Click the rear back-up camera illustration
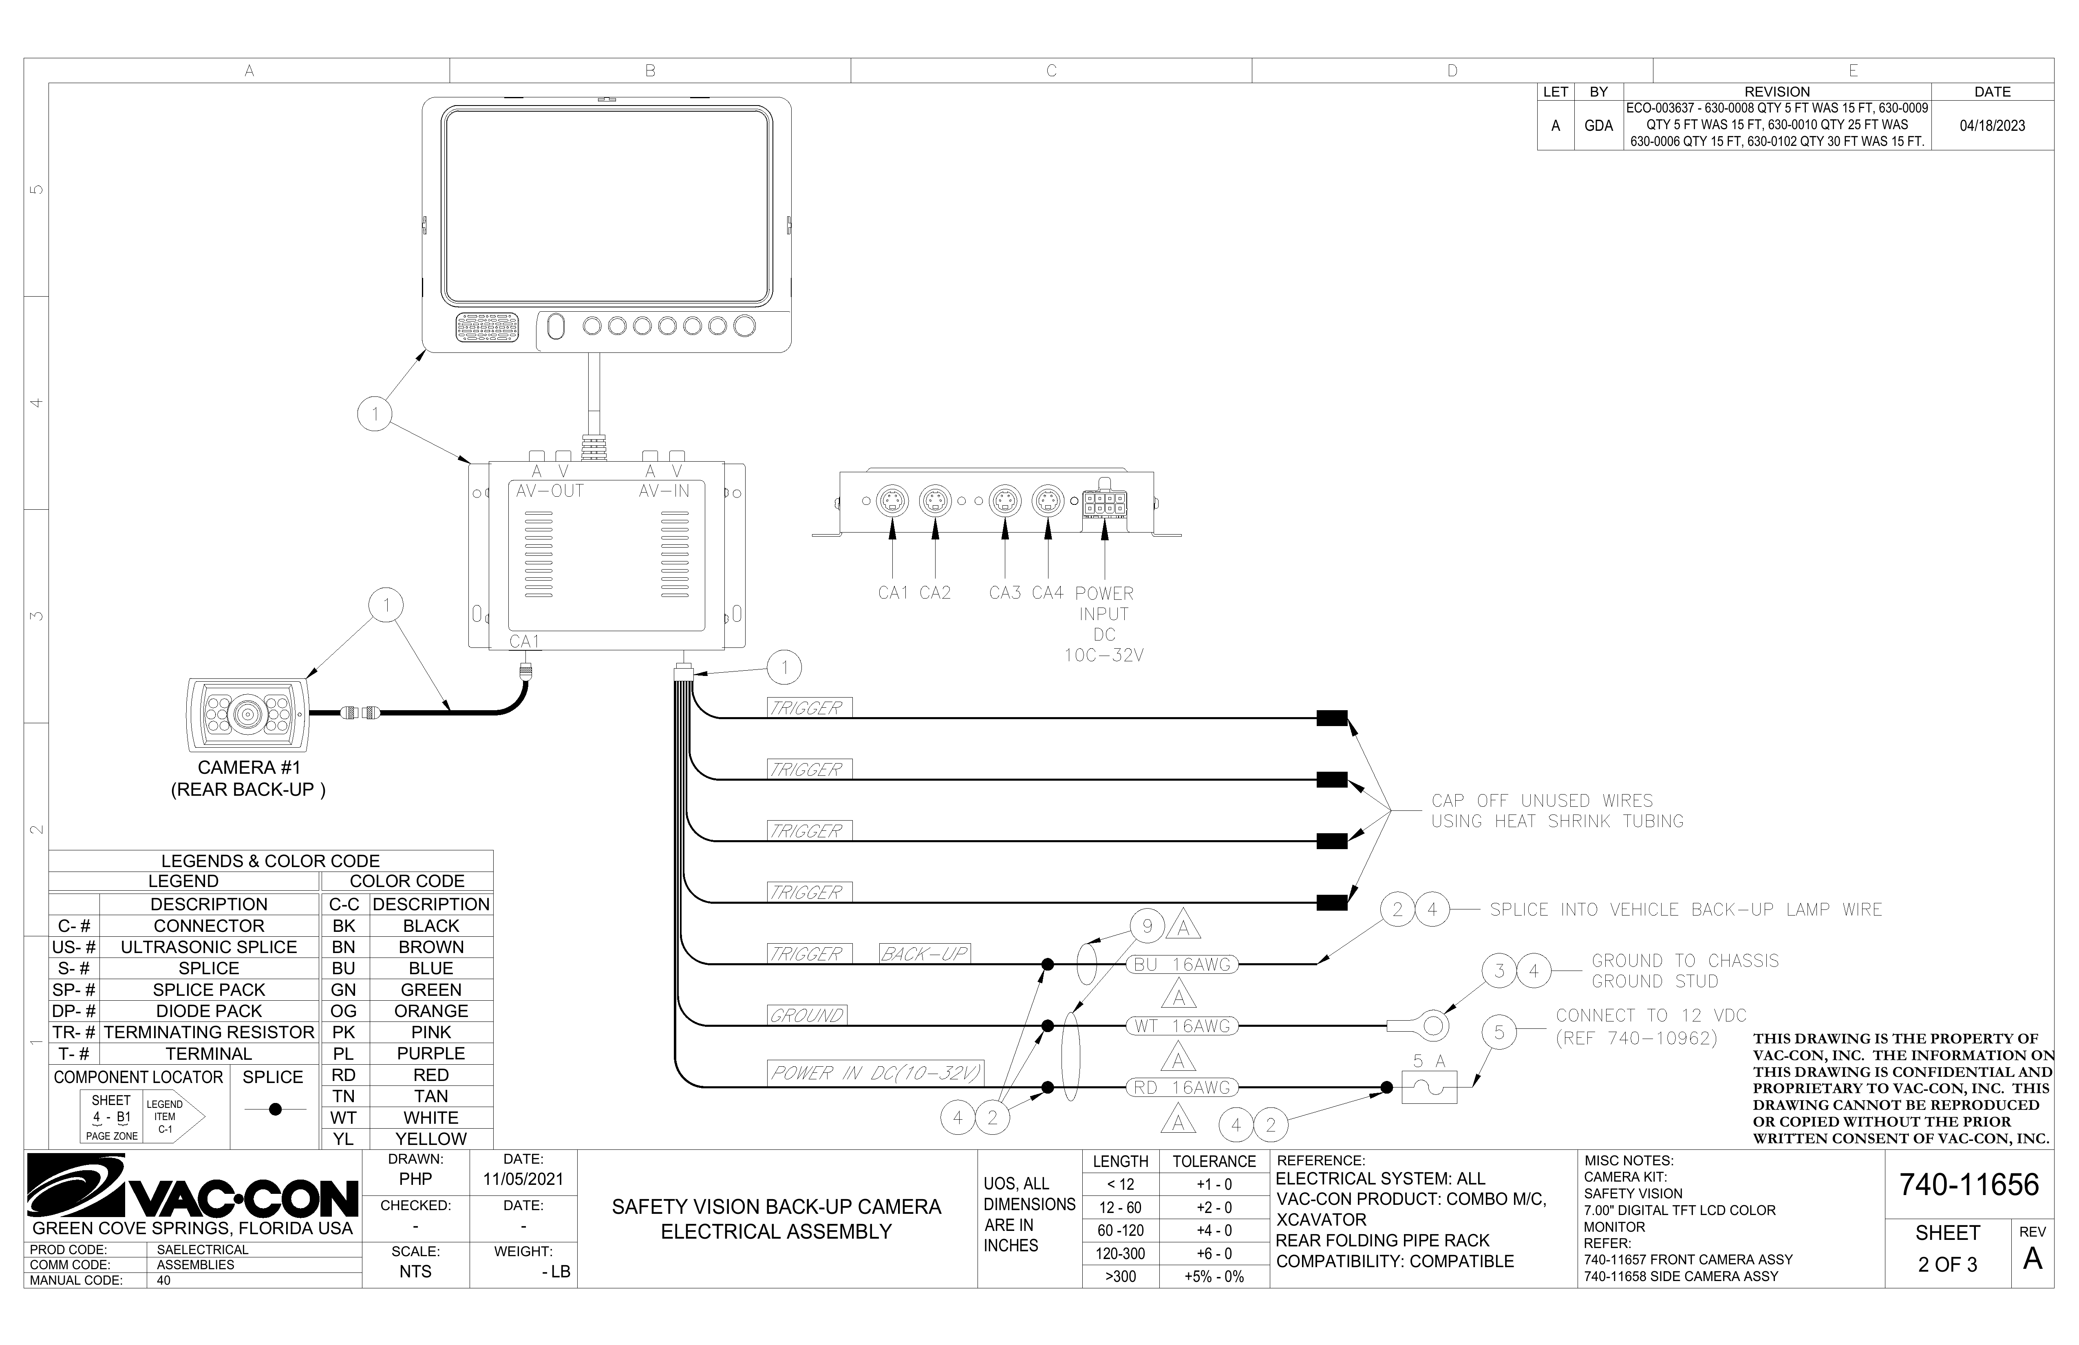tap(248, 714)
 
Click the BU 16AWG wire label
tap(1182, 964)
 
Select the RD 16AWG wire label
tap(1182, 1087)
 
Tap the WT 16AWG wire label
tap(1182, 1026)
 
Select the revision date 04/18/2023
tap(1992, 126)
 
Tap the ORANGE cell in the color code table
tap(430, 1010)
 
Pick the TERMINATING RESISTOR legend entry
tap(209, 1032)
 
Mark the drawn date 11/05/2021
tap(523, 1179)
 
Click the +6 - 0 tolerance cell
tap(1214, 1253)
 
